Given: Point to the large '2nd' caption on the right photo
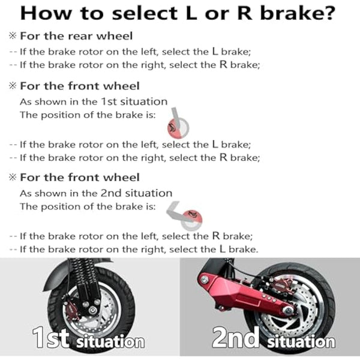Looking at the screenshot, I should tap(235, 339).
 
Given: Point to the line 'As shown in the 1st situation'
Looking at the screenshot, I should tap(94, 101).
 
